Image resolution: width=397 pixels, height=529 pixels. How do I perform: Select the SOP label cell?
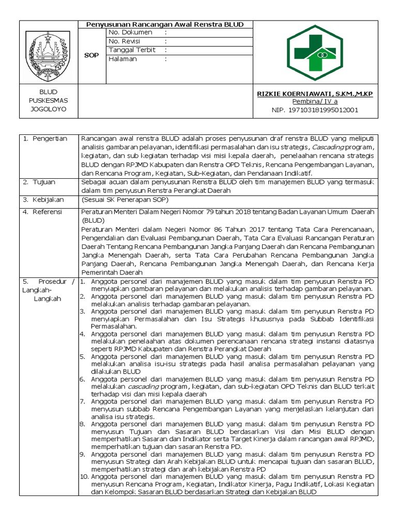tap(91, 55)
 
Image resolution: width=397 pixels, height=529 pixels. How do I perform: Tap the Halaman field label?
tap(123, 59)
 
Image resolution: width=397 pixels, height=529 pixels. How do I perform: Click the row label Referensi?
tap(47, 212)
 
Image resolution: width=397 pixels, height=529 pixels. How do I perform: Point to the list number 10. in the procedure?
tap(85, 476)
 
